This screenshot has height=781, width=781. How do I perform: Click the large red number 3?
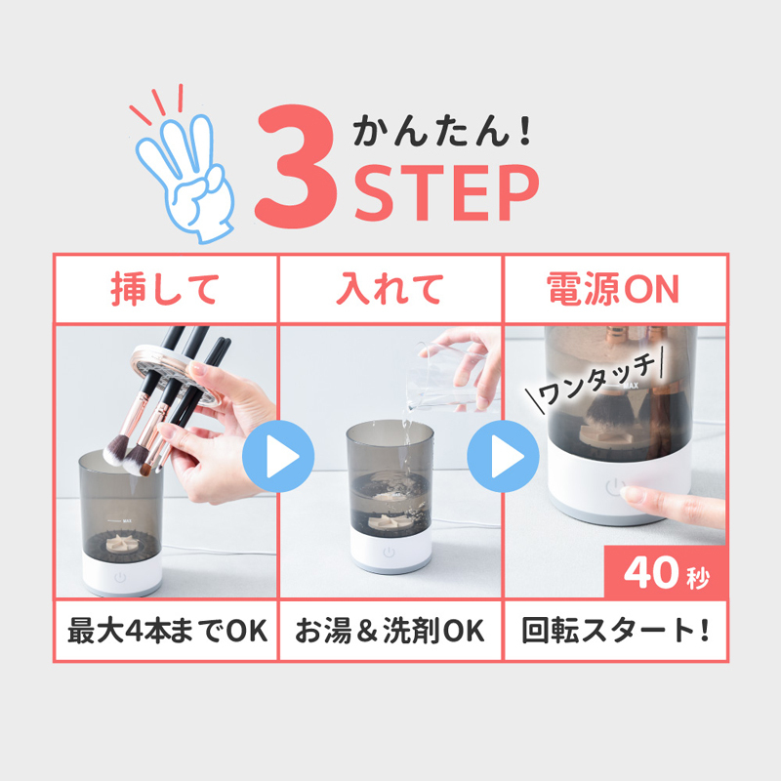296,166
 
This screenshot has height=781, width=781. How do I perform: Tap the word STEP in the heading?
447,192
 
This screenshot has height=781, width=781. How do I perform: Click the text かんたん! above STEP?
442,131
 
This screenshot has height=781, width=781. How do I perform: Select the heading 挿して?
165,288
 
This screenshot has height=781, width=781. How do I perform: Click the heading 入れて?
390,288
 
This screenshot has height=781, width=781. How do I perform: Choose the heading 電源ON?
613,288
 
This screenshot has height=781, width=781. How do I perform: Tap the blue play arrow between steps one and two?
278,456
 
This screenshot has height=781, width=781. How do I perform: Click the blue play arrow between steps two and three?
503,456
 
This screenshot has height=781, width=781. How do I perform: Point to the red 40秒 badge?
666,572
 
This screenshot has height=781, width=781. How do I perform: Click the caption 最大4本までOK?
167,631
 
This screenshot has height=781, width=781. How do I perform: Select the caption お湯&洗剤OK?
390,631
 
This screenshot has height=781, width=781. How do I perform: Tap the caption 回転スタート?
616,631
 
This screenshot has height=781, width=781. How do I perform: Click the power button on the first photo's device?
120,578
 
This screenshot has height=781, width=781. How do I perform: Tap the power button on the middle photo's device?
389,553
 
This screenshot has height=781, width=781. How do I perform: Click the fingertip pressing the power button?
630,495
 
